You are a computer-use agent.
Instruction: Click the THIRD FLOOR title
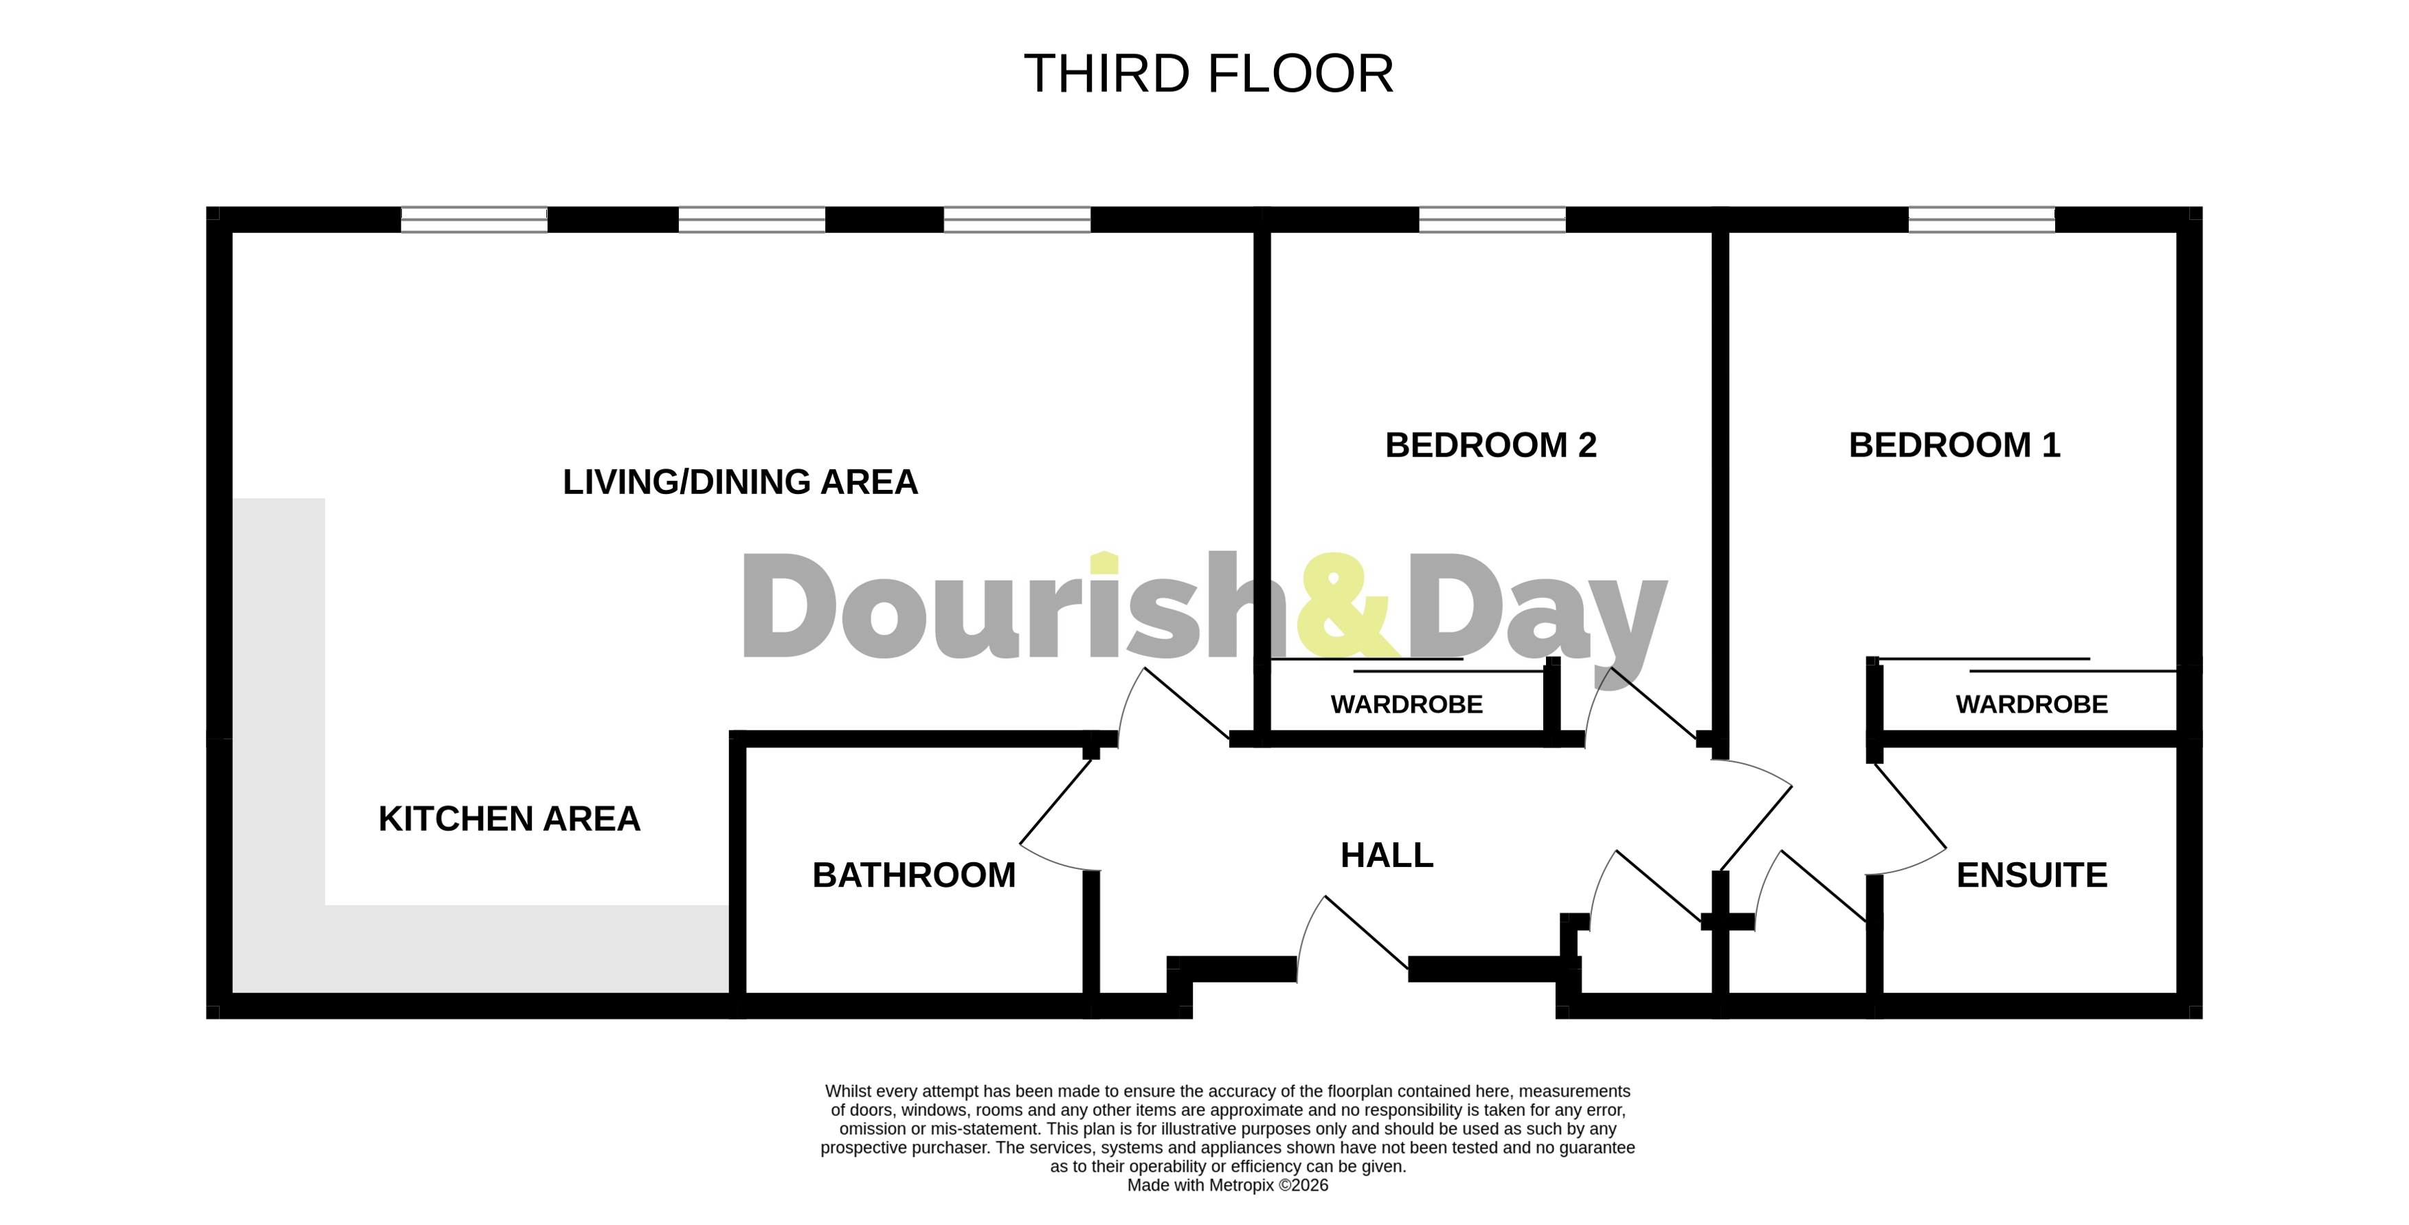coord(1208,74)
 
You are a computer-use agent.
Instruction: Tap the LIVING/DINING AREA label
coord(740,482)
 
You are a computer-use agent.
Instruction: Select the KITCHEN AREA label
coord(508,818)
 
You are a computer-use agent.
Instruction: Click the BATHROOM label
coord(914,875)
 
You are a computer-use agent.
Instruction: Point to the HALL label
coord(1386,855)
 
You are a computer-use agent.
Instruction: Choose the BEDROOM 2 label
coord(1490,445)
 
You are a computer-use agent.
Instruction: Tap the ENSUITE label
coord(2031,875)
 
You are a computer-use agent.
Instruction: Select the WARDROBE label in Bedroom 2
coord(1407,704)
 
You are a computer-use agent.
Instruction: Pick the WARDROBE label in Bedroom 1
coord(2031,704)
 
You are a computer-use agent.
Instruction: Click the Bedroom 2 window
coord(1492,220)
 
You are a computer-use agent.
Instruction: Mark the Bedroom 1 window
coord(1981,220)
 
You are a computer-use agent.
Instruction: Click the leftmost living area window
coord(473,220)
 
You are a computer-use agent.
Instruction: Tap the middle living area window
coord(751,220)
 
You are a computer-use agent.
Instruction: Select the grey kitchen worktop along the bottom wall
coord(524,948)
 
